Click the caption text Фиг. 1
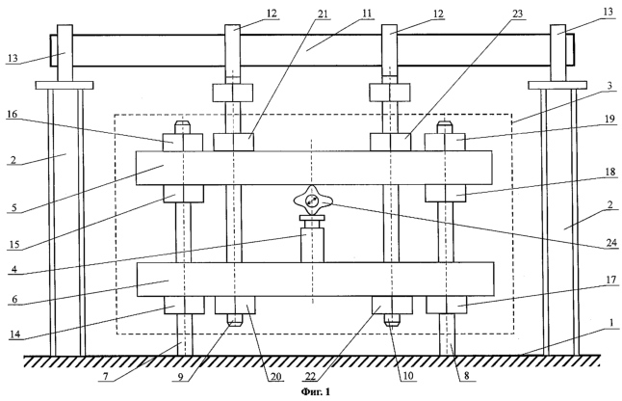pos(316,392)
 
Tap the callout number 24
pos(611,242)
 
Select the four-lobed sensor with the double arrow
pos(312,201)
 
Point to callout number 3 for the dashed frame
pos(609,85)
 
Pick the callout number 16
pos(13,115)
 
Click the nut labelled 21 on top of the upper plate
pos(234,142)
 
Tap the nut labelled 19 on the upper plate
pos(445,142)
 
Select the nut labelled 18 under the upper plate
pos(446,194)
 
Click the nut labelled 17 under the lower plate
pos(446,306)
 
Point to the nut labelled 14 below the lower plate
pos(185,306)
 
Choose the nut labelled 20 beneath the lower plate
pos(235,306)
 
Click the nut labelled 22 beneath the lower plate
pos(392,306)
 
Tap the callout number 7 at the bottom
pos(106,376)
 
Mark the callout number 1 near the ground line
pos(611,323)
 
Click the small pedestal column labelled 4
pos(312,245)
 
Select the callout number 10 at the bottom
pos(408,376)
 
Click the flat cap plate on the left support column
pos(65,86)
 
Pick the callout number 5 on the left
pos(14,207)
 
